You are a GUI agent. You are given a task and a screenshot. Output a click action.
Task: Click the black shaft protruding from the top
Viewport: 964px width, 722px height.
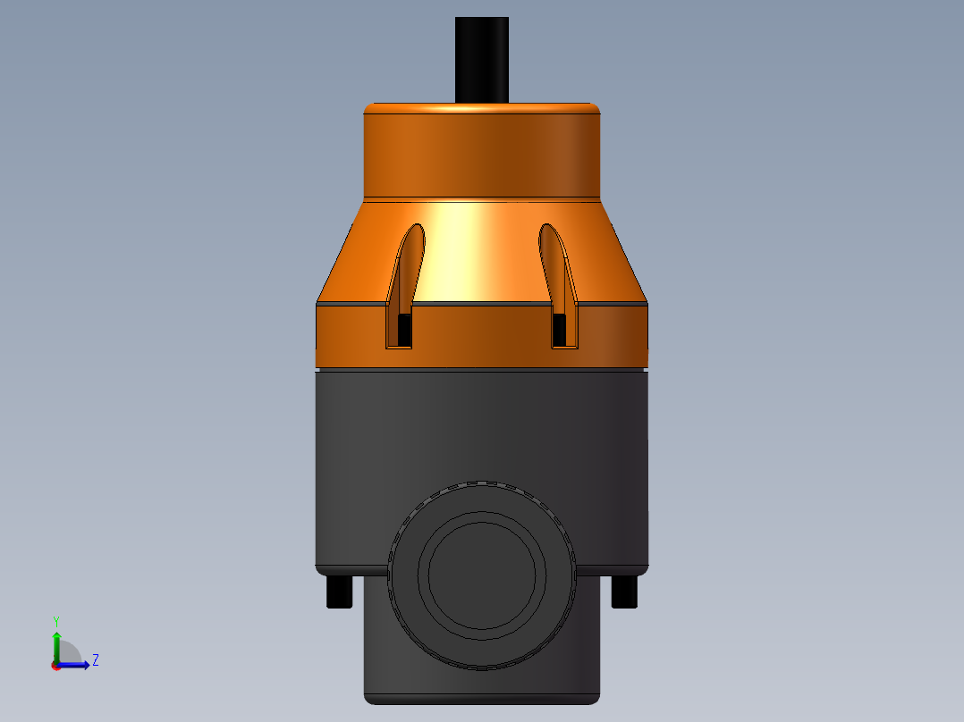coord(481,58)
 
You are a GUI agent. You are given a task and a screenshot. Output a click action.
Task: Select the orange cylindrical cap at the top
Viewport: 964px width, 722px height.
coord(481,150)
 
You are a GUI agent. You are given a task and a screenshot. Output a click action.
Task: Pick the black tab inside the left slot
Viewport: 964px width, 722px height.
coord(404,331)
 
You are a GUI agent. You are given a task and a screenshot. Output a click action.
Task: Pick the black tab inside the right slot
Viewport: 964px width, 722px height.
coord(560,331)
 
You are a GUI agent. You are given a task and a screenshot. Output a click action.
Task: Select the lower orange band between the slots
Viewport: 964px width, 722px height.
coord(481,335)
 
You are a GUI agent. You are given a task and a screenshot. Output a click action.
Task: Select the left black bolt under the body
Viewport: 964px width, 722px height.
coord(339,592)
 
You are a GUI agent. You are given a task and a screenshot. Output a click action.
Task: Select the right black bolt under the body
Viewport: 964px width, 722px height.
coord(624,592)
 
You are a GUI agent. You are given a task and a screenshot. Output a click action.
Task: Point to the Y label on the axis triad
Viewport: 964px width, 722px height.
coord(55,620)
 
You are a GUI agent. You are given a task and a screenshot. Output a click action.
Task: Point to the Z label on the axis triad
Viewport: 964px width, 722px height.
coord(95,660)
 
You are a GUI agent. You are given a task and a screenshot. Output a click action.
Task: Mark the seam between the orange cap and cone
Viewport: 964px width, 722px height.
coord(481,197)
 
